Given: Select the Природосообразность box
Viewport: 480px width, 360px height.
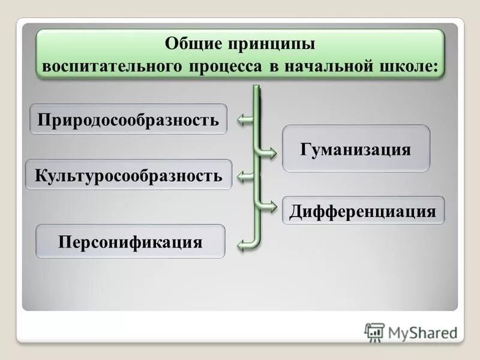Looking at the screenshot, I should point(128,119).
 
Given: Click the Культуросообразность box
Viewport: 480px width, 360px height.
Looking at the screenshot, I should point(128,175).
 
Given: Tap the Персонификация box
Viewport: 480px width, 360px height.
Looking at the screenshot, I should point(130,242).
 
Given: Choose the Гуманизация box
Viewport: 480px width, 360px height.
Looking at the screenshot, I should point(356,149).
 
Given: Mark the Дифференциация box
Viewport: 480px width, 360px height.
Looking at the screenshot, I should point(363,211).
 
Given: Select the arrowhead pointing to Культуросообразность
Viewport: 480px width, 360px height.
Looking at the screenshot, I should point(242,176).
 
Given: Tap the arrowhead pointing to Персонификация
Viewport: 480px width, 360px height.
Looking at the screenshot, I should point(242,243).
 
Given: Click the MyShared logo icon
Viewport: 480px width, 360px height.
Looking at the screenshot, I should point(374,332).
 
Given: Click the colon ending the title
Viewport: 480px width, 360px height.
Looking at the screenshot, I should point(434,66).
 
